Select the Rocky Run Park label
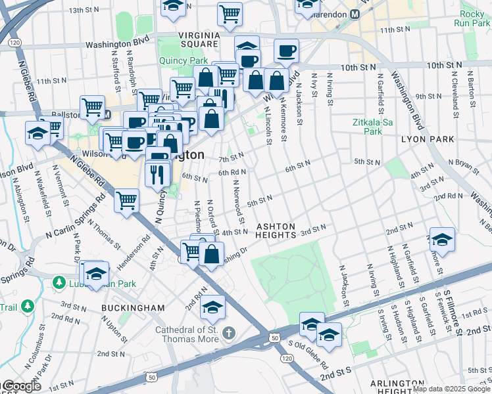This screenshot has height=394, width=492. (472, 18)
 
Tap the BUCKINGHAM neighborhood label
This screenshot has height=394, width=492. (133, 307)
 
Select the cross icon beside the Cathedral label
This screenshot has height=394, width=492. (228, 330)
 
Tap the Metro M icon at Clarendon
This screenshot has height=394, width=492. (355, 14)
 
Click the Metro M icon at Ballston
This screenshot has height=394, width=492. (107, 114)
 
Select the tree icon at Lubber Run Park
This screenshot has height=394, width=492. (59, 282)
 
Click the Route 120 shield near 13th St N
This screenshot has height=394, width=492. (15, 42)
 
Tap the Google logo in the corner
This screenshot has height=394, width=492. (21, 386)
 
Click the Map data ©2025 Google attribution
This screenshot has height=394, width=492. (451, 389)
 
